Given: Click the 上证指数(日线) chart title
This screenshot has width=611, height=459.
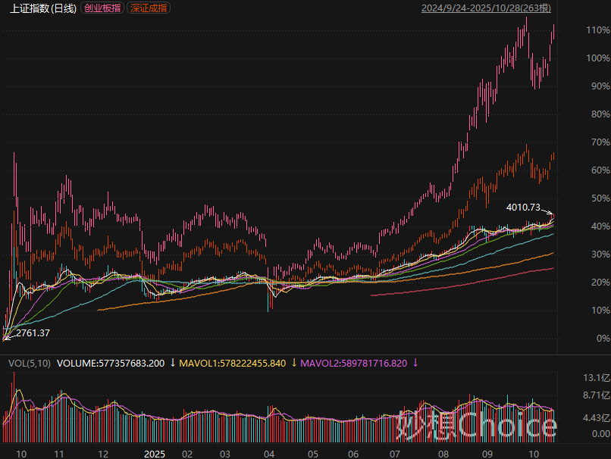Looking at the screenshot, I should coord(43,8).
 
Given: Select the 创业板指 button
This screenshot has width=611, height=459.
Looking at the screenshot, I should coord(102,8).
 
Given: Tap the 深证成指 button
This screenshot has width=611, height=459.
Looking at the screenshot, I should coord(149,8).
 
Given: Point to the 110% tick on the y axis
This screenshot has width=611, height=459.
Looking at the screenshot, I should coord(597,30).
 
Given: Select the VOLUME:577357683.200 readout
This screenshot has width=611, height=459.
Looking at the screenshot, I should coord(111,364).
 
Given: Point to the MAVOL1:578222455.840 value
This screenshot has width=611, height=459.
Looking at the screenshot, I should coord(233,364).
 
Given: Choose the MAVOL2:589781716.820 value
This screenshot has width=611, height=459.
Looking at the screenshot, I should coord(354,364).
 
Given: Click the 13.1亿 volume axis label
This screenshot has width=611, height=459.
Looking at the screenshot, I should coord(597,378).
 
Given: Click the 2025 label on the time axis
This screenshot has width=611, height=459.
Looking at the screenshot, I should coord(155,453).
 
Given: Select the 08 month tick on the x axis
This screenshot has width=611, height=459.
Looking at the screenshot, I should coord(443,453).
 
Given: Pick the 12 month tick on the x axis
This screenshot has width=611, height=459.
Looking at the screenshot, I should coord(103,453).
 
